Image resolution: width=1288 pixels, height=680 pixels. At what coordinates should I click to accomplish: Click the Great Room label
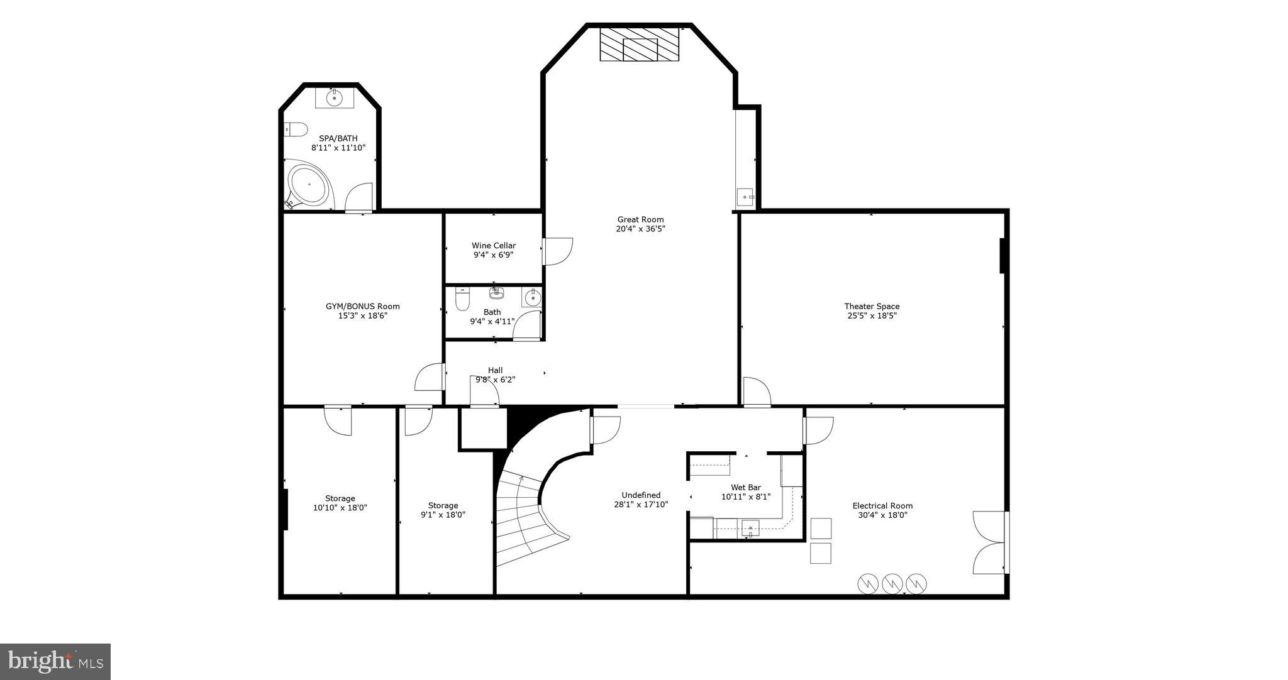(x=640, y=220)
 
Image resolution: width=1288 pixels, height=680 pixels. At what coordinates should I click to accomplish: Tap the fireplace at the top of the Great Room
(x=640, y=45)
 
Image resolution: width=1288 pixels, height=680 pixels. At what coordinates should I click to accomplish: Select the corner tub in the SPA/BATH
(x=308, y=185)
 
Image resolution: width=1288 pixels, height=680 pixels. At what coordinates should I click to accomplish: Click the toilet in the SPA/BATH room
(x=294, y=129)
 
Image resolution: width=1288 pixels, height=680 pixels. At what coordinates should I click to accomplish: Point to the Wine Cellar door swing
(x=558, y=251)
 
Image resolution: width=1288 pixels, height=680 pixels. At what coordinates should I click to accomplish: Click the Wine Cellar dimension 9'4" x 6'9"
(x=494, y=255)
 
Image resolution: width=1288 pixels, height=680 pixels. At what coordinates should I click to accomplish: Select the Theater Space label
(x=872, y=307)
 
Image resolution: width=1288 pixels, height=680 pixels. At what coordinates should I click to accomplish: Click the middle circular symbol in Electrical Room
(x=892, y=583)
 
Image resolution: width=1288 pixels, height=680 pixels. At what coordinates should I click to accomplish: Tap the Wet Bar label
(x=746, y=487)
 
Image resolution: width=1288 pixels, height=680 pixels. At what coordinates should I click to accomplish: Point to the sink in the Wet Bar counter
(x=750, y=529)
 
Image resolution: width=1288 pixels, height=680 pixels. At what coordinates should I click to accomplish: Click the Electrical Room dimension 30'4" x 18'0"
(x=882, y=515)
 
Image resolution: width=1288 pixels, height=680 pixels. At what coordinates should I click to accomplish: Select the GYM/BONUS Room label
(x=362, y=307)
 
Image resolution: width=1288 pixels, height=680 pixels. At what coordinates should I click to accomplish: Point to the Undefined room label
(x=641, y=495)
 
